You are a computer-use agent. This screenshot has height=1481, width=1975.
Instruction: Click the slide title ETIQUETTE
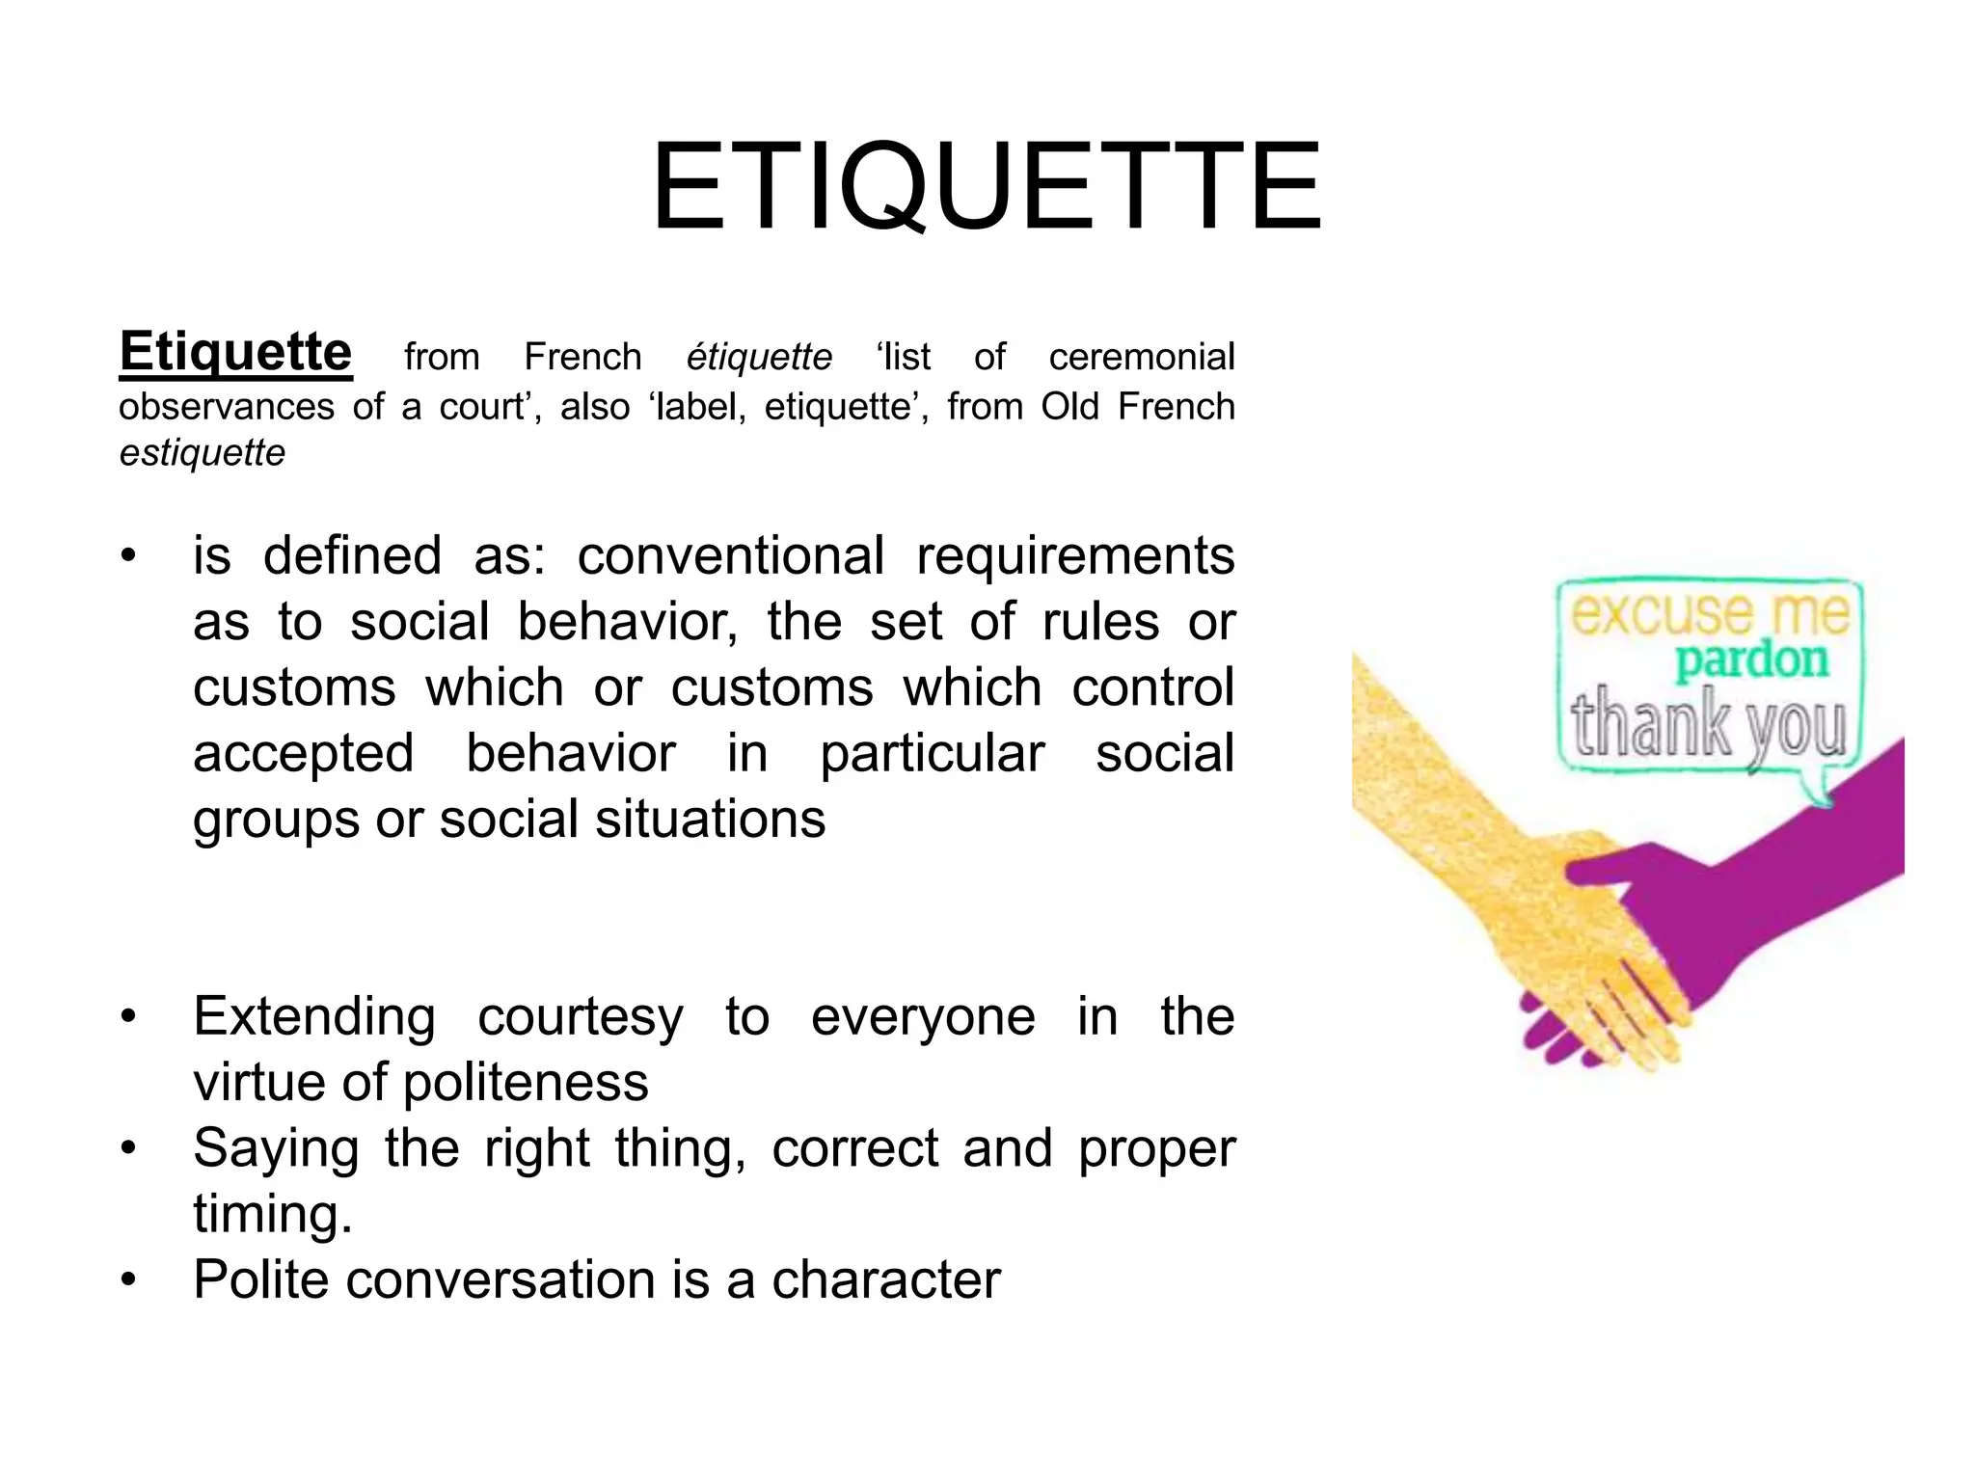tap(986, 188)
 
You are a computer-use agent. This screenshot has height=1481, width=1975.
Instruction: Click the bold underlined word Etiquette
tap(235, 351)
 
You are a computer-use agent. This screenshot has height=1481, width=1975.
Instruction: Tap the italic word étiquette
tap(759, 358)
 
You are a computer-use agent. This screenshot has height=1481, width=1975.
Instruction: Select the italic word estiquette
tap(203, 453)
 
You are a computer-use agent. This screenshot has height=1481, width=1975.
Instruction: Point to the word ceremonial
tap(1141, 358)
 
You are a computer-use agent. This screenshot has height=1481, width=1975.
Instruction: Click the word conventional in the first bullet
tap(730, 556)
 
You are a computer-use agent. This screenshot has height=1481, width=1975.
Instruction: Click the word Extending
tap(314, 1018)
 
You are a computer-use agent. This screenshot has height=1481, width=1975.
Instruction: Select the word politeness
tap(526, 1083)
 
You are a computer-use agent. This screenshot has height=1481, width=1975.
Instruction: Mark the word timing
tap(271, 1214)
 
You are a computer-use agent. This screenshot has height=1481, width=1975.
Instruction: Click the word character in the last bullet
tap(885, 1280)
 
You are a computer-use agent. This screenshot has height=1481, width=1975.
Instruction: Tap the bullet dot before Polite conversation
tap(128, 1280)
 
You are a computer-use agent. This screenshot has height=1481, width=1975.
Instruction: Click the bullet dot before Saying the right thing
tap(128, 1149)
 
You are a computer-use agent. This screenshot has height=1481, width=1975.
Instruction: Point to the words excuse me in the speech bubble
tap(1710, 613)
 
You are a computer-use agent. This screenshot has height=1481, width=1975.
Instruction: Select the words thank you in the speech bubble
tap(1708, 724)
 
